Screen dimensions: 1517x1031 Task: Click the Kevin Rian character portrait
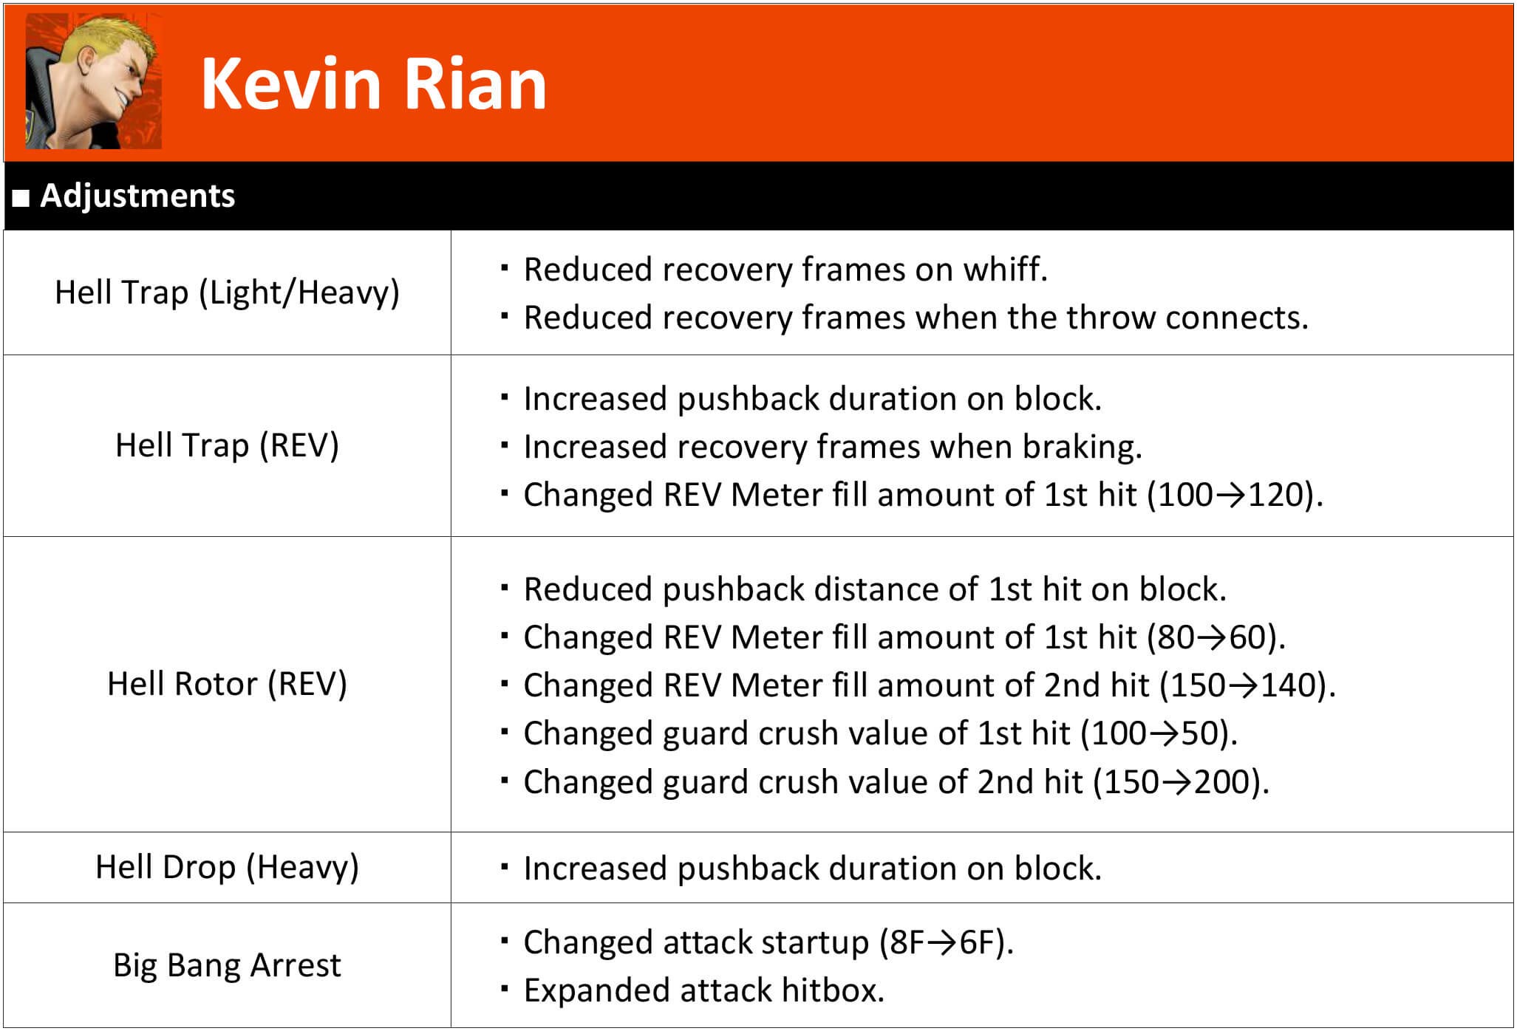93,81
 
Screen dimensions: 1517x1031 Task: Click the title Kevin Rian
374,84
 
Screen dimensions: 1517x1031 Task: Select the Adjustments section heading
137,196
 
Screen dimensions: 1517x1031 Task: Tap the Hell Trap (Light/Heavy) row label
227,292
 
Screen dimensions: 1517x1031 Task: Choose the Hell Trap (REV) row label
227,445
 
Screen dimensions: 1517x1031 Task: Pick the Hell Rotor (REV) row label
227,684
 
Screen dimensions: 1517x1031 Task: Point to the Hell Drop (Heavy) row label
227,867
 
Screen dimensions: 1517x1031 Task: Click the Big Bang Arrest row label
227,965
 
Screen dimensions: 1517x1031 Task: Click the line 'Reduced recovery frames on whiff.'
785,270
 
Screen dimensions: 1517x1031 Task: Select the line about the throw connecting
916,318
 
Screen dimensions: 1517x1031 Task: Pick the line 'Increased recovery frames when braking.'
833,447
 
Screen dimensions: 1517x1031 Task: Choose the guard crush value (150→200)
1181,782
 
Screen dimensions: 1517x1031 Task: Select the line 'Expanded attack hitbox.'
704,990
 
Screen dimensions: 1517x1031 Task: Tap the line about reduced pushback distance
875,589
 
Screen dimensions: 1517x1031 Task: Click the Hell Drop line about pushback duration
813,869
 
